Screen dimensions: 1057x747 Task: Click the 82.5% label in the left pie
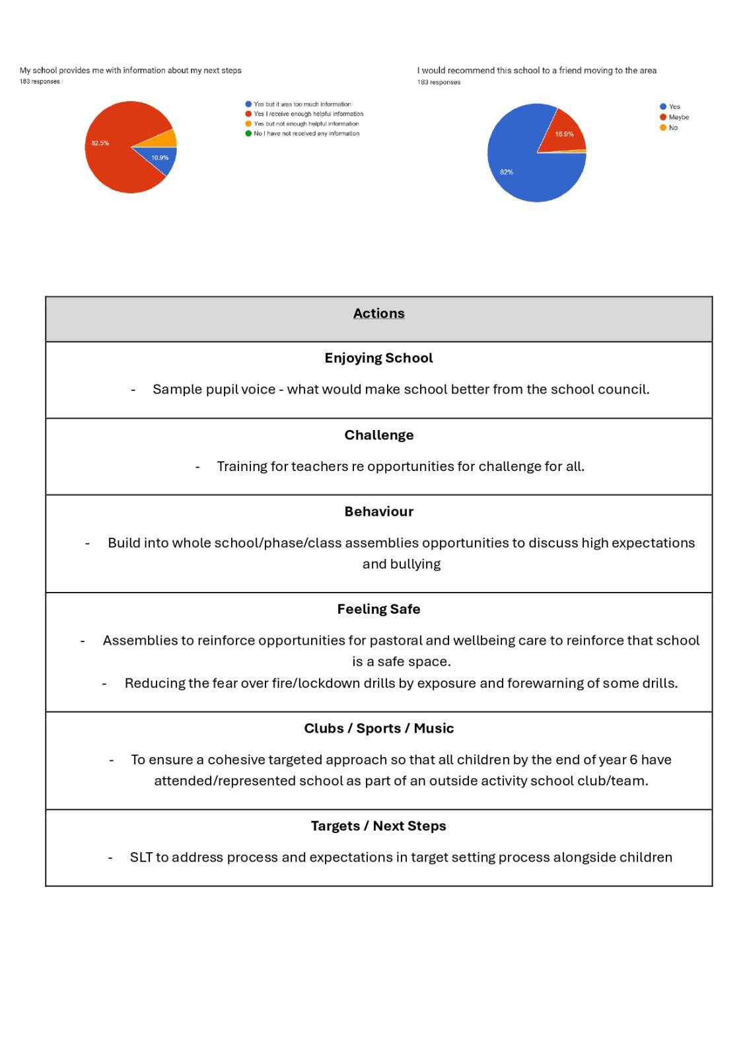[100, 143]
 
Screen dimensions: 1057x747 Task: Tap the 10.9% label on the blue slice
[160, 158]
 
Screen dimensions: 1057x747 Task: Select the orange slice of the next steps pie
[168, 139]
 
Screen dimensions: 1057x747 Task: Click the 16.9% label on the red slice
[564, 134]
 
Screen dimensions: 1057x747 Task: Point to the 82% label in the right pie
[507, 172]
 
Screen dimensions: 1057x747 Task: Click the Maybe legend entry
[678, 118]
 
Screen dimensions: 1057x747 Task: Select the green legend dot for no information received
[248, 133]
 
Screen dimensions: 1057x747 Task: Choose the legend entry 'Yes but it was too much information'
[302, 104]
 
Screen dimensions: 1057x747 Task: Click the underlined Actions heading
[378, 314]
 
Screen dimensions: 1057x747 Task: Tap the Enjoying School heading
[378, 358]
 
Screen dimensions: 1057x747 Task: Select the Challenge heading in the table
[378, 435]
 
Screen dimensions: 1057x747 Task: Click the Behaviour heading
[378, 512]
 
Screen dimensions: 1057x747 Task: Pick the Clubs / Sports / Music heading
[378, 729]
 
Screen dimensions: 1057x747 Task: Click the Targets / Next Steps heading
[378, 826]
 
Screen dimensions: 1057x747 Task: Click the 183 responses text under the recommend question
[439, 83]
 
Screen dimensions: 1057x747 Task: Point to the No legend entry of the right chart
[673, 128]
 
